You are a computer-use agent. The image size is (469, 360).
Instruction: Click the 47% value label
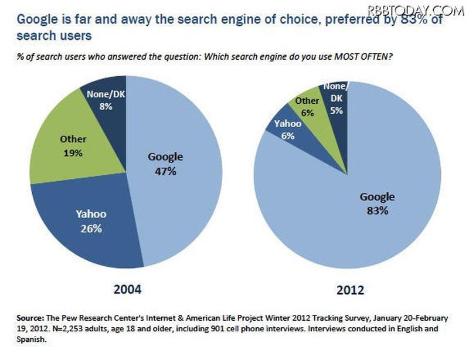165,172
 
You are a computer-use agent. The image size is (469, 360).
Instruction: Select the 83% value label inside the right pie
377,210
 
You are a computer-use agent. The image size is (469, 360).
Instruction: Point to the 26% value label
91,228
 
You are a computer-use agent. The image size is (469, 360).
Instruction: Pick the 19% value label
73,153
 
